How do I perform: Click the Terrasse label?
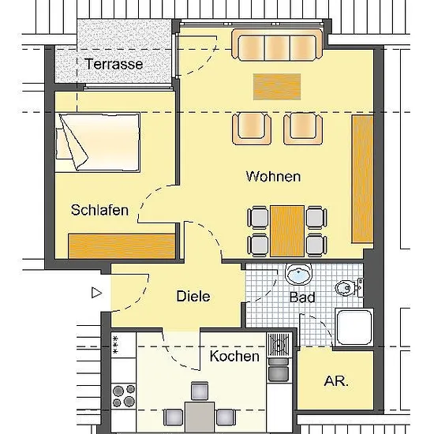tap(114, 64)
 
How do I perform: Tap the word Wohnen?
tap(273, 176)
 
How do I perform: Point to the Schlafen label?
tap(99, 210)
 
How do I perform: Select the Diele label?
tap(193, 296)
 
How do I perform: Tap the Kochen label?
tap(234, 356)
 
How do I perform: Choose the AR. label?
tap(336, 381)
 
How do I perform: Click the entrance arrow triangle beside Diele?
tap(96, 293)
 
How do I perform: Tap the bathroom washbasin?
tap(298, 274)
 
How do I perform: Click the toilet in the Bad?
tap(349, 288)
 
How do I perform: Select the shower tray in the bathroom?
tap(354, 327)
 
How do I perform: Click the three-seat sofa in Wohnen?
tap(277, 45)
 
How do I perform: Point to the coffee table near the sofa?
tap(277, 87)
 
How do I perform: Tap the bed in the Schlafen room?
tap(97, 143)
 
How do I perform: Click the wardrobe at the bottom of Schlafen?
tap(122, 246)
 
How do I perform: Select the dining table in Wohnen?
tap(287, 231)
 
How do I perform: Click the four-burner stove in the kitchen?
tap(123, 396)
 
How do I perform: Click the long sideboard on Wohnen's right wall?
tap(363, 179)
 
